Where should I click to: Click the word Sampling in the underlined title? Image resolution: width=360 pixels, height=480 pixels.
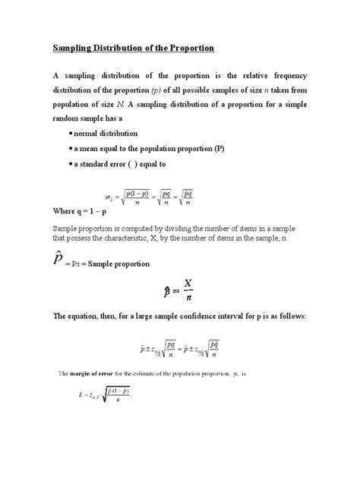tap(73, 48)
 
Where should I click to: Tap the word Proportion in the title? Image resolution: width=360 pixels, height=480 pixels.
tap(190, 48)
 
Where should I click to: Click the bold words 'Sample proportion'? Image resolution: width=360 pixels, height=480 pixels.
tap(122, 264)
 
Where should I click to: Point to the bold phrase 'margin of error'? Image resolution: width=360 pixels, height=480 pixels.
tap(109, 374)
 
